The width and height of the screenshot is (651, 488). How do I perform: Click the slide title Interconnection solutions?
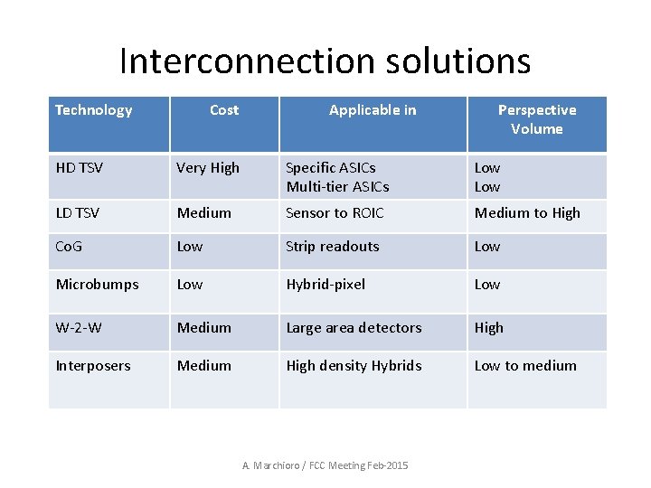click(x=325, y=61)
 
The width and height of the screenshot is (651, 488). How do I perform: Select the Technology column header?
click(x=93, y=110)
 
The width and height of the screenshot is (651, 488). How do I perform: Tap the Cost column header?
click(x=223, y=110)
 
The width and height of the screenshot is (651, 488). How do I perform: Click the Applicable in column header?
click(x=373, y=110)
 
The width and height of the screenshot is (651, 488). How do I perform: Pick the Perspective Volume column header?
click(x=536, y=119)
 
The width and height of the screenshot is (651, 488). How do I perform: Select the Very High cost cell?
click(x=208, y=168)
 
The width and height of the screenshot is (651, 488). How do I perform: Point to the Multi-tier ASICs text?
click(x=337, y=187)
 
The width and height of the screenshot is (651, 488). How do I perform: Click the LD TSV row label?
click(x=77, y=213)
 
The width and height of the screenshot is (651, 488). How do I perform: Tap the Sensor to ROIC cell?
click(x=335, y=213)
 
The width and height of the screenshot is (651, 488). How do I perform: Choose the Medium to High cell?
click(x=527, y=213)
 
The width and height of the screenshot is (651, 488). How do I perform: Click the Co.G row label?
click(x=70, y=247)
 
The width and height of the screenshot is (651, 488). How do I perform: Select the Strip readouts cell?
click(x=332, y=247)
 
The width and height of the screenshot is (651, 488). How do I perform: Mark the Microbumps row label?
click(x=97, y=285)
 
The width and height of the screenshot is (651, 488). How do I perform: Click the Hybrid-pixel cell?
click(x=325, y=285)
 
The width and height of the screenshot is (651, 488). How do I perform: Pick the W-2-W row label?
click(x=79, y=328)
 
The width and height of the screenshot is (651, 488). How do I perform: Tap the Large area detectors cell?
click(x=354, y=328)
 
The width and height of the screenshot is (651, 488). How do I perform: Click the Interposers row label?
click(x=93, y=366)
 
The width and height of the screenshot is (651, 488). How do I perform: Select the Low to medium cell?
click(x=525, y=366)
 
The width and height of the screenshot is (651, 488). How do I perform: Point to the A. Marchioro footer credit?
click(x=325, y=465)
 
